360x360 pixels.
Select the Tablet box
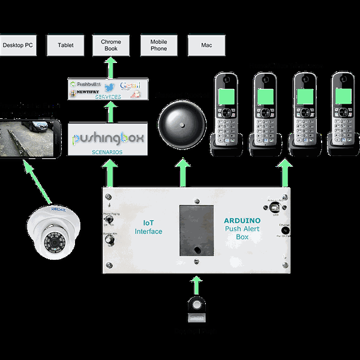pos(66,46)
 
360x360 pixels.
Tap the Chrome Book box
pos(111,46)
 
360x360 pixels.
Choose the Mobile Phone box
pos(159,46)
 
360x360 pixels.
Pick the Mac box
pos(206,46)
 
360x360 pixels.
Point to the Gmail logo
pos(130,85)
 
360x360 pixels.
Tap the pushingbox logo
pos(108,139)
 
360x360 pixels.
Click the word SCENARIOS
pos(108,152)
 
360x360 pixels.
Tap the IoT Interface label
pos(148,227)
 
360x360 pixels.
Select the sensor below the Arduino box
pos(196,307)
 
